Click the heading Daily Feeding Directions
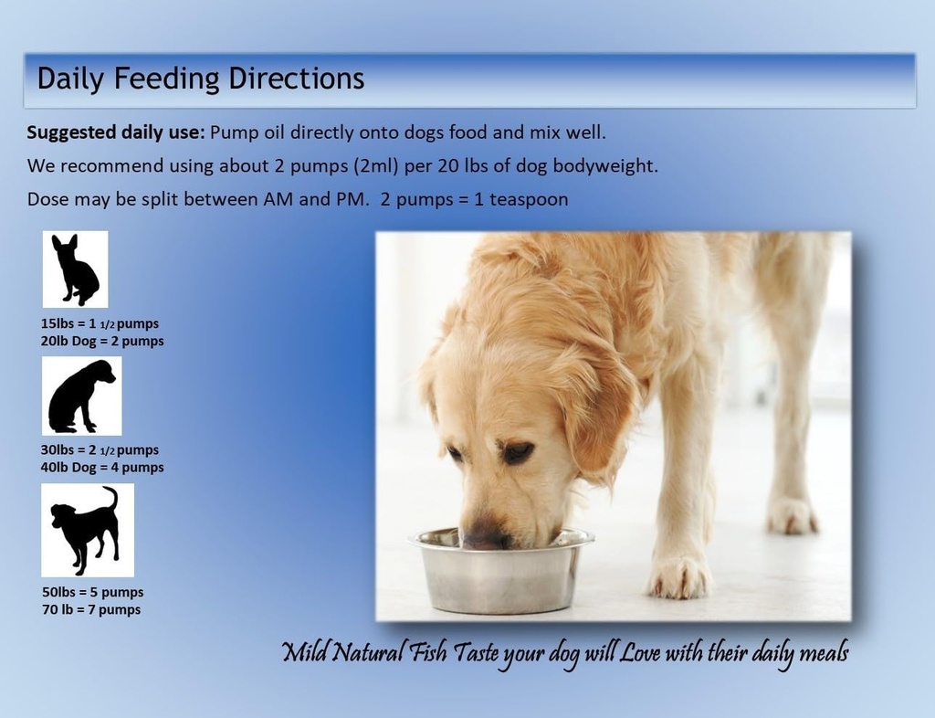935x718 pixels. coord(200,79)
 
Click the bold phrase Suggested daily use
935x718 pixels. coord(115,132)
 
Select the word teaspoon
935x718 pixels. coord(529,199)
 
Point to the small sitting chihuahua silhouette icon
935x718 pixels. coord(75,269)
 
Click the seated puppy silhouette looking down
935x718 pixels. coord(81,396)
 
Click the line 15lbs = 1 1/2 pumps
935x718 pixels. coord(100,324)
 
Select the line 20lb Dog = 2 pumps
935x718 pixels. coord(102,342)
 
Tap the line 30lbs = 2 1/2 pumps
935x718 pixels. coord(100,450)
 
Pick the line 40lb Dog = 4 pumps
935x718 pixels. coord(102,468)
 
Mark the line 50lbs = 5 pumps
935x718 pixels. coord(92,592)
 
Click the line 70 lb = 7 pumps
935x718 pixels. coord(90,609)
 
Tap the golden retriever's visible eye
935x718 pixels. coord(518,451)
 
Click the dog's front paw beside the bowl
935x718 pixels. coord(679,576)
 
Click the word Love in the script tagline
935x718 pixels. coord(641,653)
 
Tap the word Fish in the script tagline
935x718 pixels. coord(429,653)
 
